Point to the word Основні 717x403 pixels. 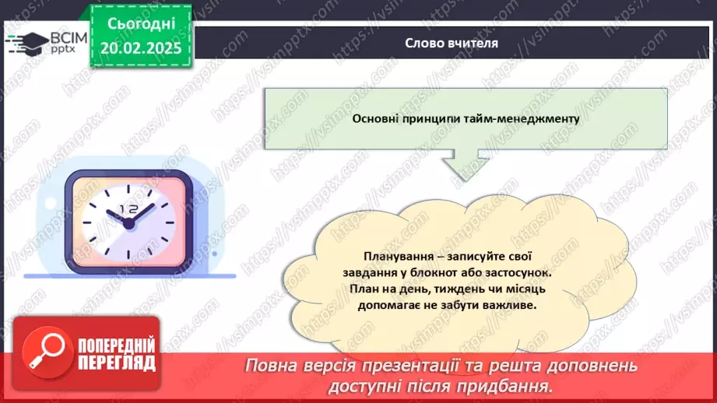[x=378, y=119]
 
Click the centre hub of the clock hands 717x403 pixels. [x=128, y=223]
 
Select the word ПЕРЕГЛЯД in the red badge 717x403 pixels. [x=116, y=363]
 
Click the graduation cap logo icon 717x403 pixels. [x=26, y=43]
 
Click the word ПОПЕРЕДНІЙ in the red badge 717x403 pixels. [x=116, y=345]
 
